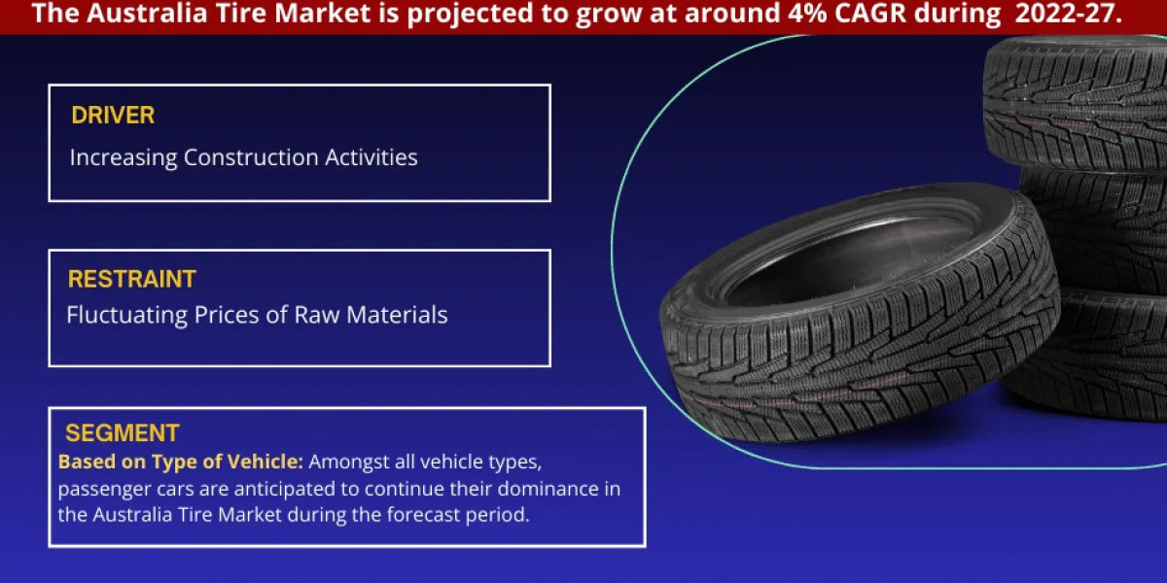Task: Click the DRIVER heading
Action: (113, 116)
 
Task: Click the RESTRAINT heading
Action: (131, 280)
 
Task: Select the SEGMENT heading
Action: (123, 433)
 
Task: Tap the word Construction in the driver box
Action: (251, 157)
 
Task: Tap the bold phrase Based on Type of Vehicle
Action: (181, 462)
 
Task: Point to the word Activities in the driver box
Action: (371, 157)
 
